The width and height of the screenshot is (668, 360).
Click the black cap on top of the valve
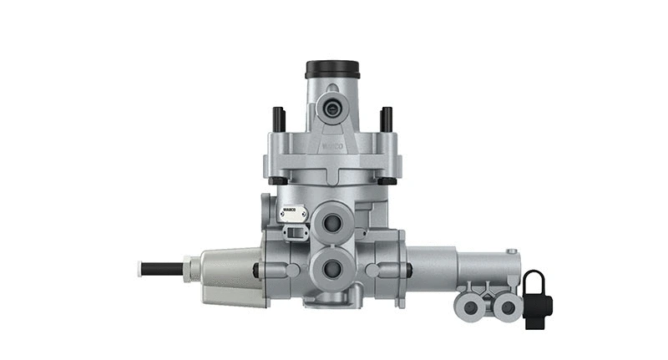[x=332, y=68]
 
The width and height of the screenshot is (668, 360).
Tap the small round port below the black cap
[x=333, y=106]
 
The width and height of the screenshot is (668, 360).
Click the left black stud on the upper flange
[x=279, y=119]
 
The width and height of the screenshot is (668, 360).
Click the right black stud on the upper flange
[x=386, y=119]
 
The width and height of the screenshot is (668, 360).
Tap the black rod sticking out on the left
[x=163, y=269]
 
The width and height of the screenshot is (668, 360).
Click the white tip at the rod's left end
[x=139, y=269]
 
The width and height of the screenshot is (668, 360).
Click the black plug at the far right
[x=536, y=298]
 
